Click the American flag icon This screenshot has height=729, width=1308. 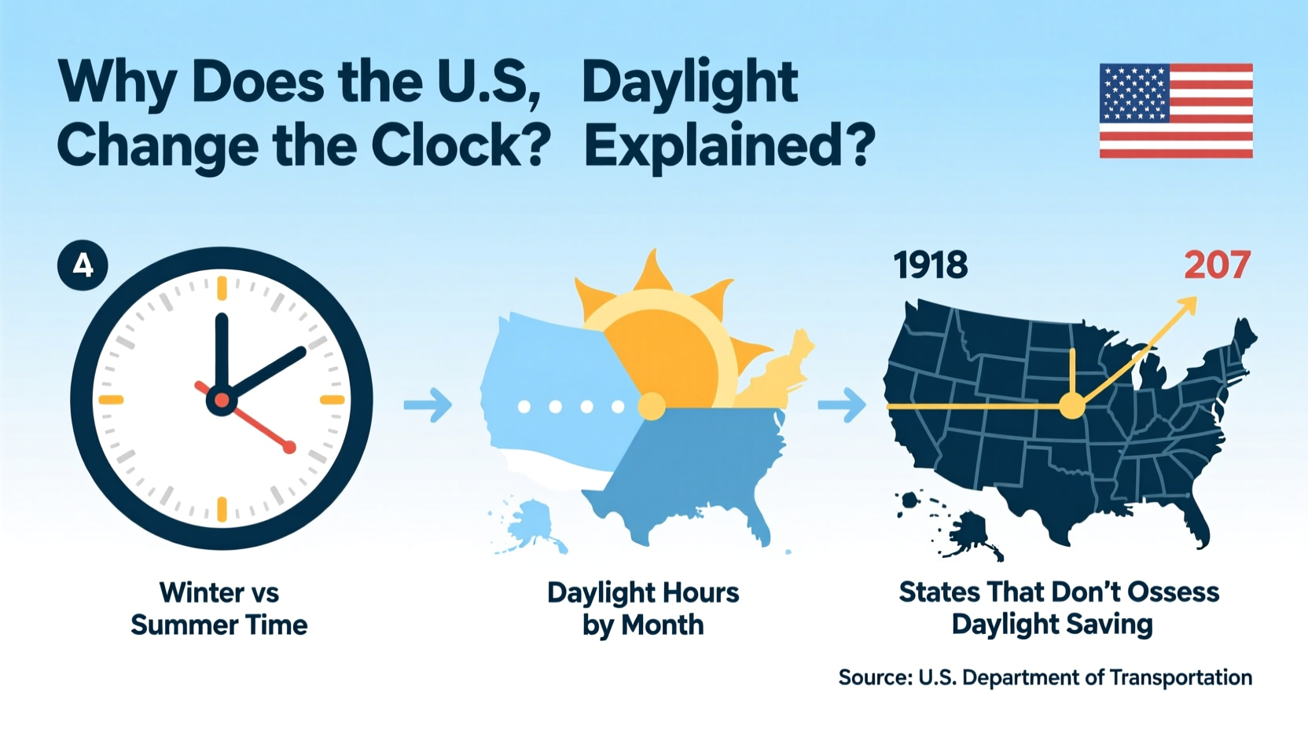pyautogui.click(x=1175, y=111)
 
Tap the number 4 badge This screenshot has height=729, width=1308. pyautogui.click(x=83, y=266)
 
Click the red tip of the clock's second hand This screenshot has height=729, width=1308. pyautogui.click(x=289, y=447)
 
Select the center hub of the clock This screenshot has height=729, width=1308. pyautogui.click(x=222, y=400)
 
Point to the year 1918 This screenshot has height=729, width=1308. pyautogui.click(x=930, y=266)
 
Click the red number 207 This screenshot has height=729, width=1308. pyautogui.click(x=1217, y=266)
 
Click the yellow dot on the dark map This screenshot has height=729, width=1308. pyautogui.click(x=1071, y=406)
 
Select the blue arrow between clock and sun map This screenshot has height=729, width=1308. pyautogui.click(x=428, y=405)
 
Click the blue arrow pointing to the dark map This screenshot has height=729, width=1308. pyautogui.click(x=842, y=405)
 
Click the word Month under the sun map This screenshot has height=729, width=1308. pyautogui.click(x=662, y=625)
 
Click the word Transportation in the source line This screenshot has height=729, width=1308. pyautogui.click(x=1185, y=677)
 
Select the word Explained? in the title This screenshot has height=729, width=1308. pyautogui.click(x=729, y=147)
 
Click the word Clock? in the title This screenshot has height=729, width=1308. pyautogui.click(x=460, y=147)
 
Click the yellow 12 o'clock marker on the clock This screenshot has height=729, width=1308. pyautogui.click(x=222, y=288)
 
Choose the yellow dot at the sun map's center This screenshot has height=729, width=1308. pyautogui.click(x=651, y=406)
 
